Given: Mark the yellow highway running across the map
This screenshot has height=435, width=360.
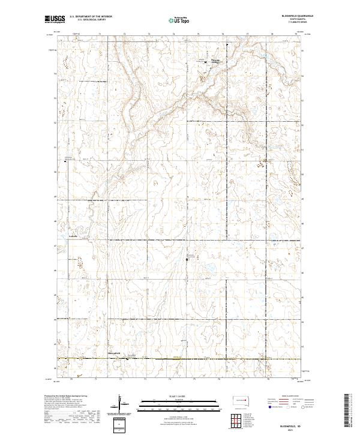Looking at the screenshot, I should coord(180,359).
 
